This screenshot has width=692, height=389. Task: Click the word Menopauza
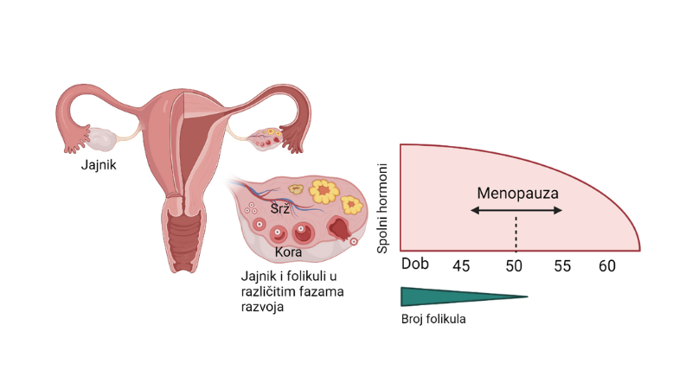point(517,192)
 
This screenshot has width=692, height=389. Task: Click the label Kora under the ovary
point(288,252)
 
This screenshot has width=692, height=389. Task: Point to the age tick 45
point(461,265)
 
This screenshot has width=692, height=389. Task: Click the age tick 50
point(515,265)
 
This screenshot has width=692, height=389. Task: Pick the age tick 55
point(562,265)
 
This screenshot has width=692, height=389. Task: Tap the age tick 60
point(607,265)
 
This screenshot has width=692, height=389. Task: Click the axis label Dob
point(415,264)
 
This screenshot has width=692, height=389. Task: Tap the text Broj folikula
point(433,318)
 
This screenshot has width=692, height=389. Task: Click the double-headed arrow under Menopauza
point(517,210)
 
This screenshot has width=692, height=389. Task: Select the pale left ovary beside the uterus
point(103,137)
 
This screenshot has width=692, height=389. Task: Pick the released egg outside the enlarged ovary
point(355,241)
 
